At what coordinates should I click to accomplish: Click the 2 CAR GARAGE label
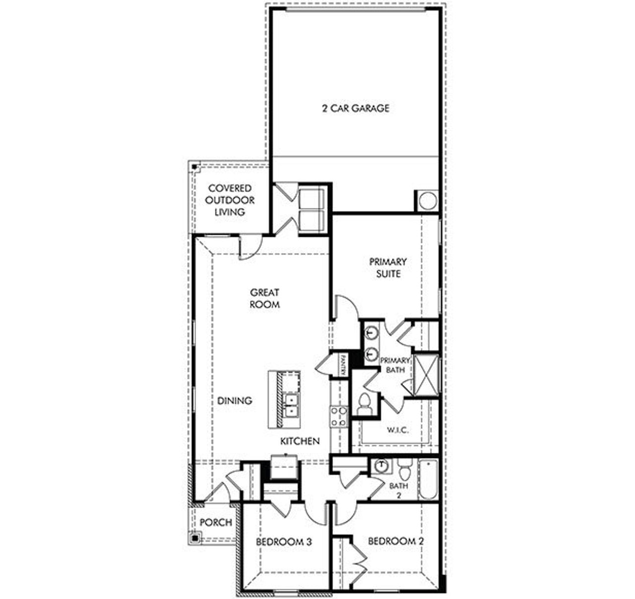[x=356, y=108]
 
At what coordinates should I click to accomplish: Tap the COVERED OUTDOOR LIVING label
[x=230, y=200]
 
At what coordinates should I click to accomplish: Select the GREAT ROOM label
[x=264, y=298]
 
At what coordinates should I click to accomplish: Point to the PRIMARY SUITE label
[x=388, y=267]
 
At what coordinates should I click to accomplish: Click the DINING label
[x=235, y=400]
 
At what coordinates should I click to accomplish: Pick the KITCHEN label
[x=300, y=441]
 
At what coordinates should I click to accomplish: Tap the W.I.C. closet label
[x=397, y=430]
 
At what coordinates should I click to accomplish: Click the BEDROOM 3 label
[x=284, y=542]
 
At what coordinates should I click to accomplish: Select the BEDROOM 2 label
[x=396, y=541]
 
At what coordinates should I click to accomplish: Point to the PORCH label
[x=216, y=522]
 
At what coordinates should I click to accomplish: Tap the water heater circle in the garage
[x=428, y=201]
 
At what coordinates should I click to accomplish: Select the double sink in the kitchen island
[x=290, y=405]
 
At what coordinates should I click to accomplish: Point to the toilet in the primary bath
[x=365, y=404]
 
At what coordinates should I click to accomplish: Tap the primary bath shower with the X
[x=426, y=374]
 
